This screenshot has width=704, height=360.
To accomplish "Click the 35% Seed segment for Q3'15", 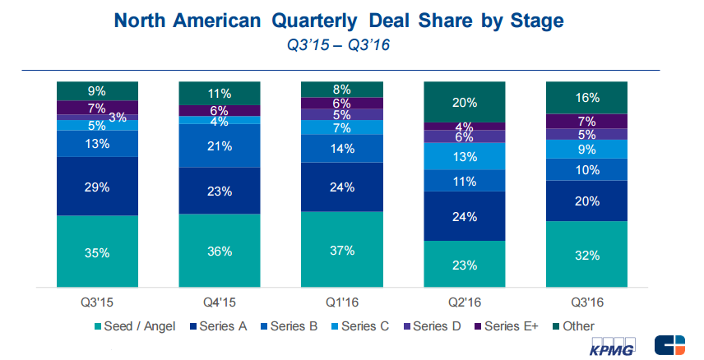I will point(97,252).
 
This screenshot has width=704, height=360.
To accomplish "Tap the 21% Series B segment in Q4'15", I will point(220,145).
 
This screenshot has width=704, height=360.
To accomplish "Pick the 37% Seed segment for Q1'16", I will point(341,250).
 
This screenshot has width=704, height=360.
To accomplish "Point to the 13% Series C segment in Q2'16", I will point(463,156).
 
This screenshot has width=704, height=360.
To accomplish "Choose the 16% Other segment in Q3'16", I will point(586,97).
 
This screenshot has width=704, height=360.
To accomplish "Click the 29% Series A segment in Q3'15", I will point(97,187).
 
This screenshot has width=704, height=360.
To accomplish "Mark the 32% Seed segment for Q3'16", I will point(586,255).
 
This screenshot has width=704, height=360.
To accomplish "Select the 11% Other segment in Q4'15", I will point(220,93).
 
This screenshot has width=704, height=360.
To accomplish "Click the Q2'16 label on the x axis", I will point(463,302).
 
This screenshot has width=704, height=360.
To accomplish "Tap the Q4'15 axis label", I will point(220,302).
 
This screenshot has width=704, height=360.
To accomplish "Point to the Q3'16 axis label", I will point(586,302).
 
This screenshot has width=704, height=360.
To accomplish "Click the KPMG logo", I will point(614,345).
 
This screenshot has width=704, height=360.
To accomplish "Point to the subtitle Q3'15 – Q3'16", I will point(337,47).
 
